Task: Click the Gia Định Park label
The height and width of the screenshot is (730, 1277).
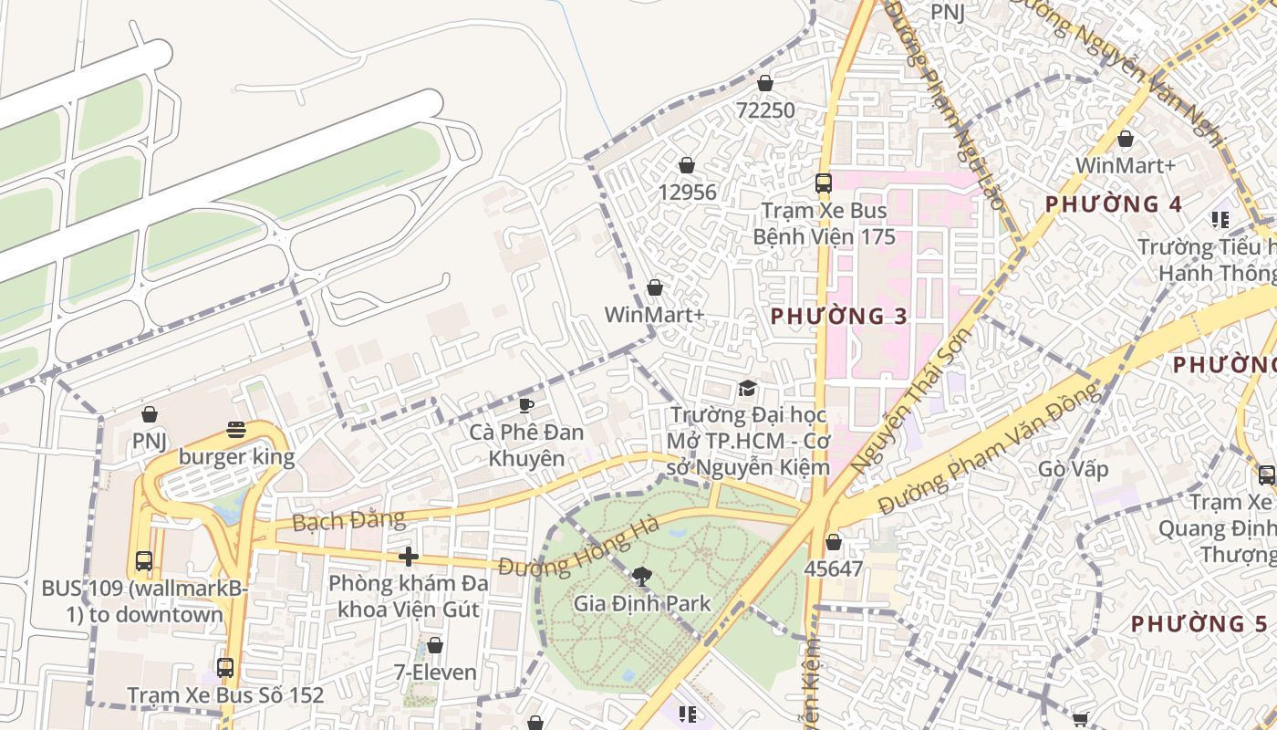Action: [642, 603]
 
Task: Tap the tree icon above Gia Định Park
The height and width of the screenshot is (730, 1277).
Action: [642, 576]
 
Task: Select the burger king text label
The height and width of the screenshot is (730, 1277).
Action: [236, 456]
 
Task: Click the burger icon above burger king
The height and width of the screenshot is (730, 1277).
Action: [236, 430]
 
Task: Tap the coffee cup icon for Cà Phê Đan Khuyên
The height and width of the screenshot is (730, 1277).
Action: [525, 404]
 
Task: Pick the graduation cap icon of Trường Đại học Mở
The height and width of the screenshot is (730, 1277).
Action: [747, 388]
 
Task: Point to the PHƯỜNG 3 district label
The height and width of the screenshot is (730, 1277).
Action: [839, 317]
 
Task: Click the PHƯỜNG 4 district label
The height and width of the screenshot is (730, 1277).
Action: [1114, 204]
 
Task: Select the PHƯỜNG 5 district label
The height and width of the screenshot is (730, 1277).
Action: [1199, 624]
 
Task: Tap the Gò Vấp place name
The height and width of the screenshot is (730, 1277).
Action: [1074, 469]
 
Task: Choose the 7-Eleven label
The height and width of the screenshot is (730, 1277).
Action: [435, 673]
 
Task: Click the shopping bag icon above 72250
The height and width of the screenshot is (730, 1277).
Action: [765, 83]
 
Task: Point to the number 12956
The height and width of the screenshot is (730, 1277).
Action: [687, 193]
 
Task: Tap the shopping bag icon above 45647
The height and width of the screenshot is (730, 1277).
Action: [833, 542]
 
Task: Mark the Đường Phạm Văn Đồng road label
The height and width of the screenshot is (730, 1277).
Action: [990, 450]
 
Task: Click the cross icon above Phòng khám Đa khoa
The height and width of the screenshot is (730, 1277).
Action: [409, 556]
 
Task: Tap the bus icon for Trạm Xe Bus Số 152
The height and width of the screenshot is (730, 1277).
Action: [225, 667]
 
